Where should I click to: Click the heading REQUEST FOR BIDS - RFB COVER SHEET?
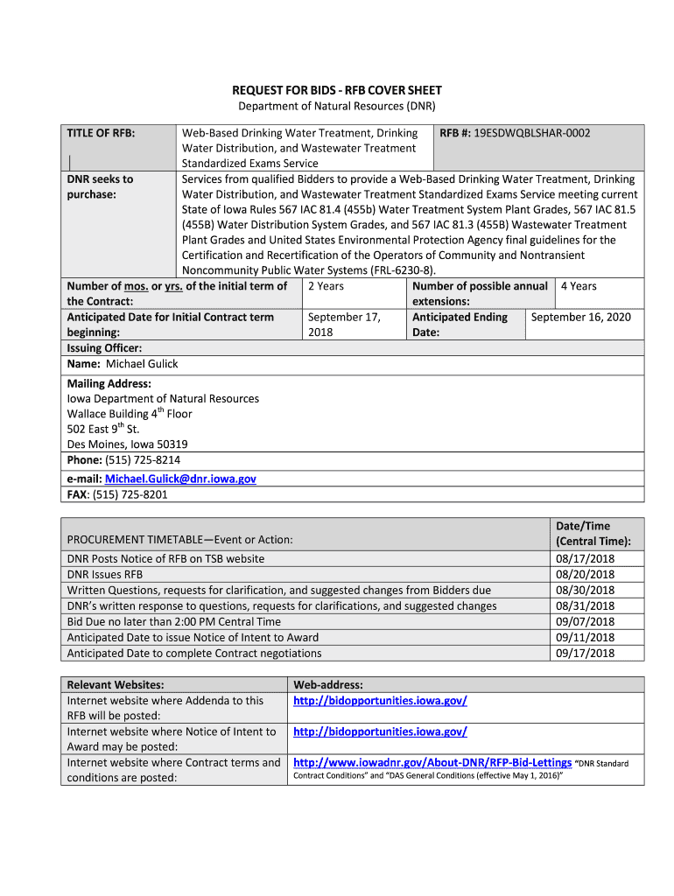[337, 90]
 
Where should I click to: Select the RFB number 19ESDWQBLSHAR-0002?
[534, 133]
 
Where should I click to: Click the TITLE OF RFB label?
[101, 133]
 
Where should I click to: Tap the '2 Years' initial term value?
[326, 286]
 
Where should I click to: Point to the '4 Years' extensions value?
[579, 286]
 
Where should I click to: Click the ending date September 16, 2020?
[580, 317]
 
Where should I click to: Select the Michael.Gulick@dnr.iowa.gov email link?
[180, 479]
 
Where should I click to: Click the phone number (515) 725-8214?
[143, 459]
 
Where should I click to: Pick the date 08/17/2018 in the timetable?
[585, 558]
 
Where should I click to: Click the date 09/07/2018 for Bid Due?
[585, 621]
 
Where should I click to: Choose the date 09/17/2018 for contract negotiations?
[585, 653]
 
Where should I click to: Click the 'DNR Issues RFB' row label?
[105, 574]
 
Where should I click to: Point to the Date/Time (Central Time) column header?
[585, 533]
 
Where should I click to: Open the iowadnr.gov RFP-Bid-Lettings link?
[432, 762]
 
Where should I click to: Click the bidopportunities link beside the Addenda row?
[380, 700]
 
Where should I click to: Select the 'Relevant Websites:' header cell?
[116, 684]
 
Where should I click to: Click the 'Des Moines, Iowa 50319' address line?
[127, 444]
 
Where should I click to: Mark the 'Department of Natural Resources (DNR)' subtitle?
[337, 106]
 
